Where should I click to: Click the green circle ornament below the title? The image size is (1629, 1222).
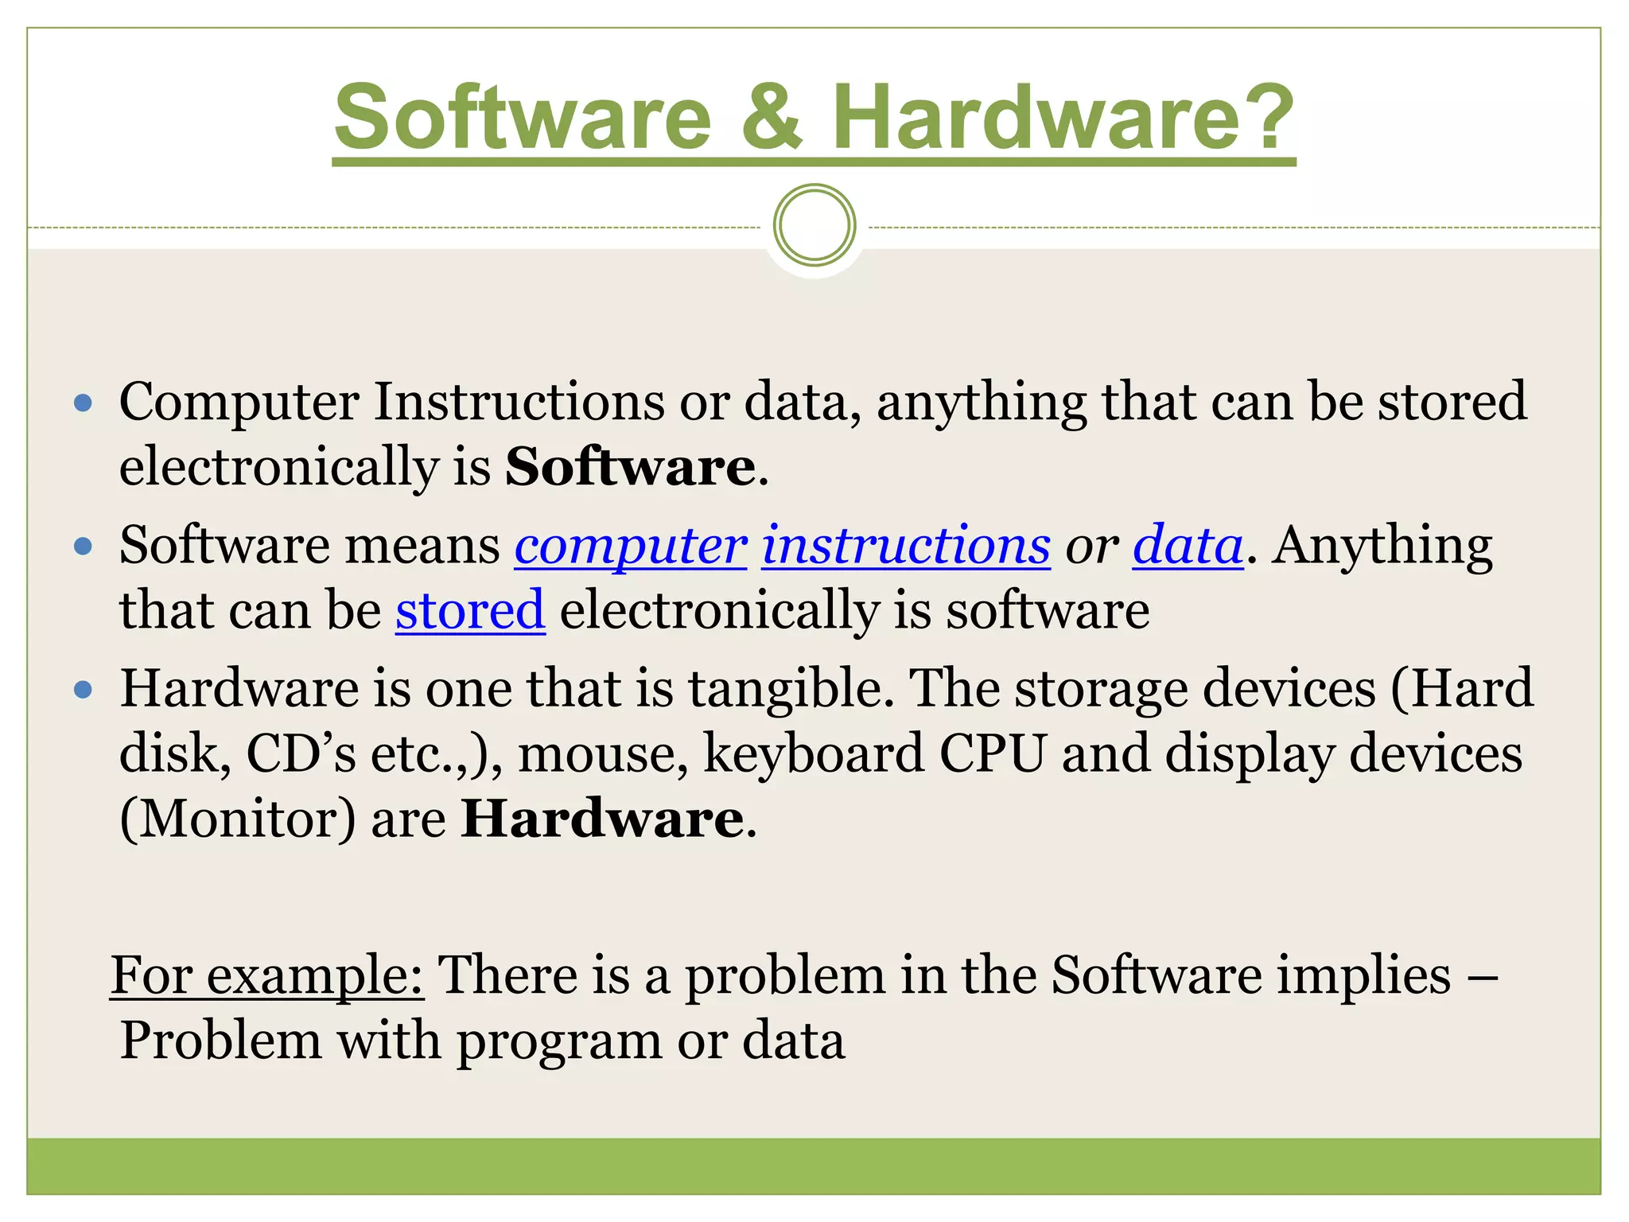[x=814, y=225]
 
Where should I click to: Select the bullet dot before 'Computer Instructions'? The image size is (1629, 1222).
[x=83, y=403]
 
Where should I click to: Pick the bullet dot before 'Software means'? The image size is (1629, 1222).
[x=83, y=547]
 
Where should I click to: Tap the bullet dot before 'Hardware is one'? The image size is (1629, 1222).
[x=83, y=689]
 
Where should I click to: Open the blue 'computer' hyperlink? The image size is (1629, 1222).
[x=631, y=547]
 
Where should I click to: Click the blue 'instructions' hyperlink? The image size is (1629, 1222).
[x=906, y=547]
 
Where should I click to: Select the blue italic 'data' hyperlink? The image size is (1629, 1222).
[x=1188, y=547]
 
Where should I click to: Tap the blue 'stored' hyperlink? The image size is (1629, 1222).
[x=470, y=611]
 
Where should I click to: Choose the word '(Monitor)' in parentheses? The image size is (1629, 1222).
[x=238, y=819]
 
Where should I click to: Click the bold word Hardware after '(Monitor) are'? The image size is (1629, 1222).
[x=603, y=819]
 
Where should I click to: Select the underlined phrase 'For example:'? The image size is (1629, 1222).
[x=267, y=975]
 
